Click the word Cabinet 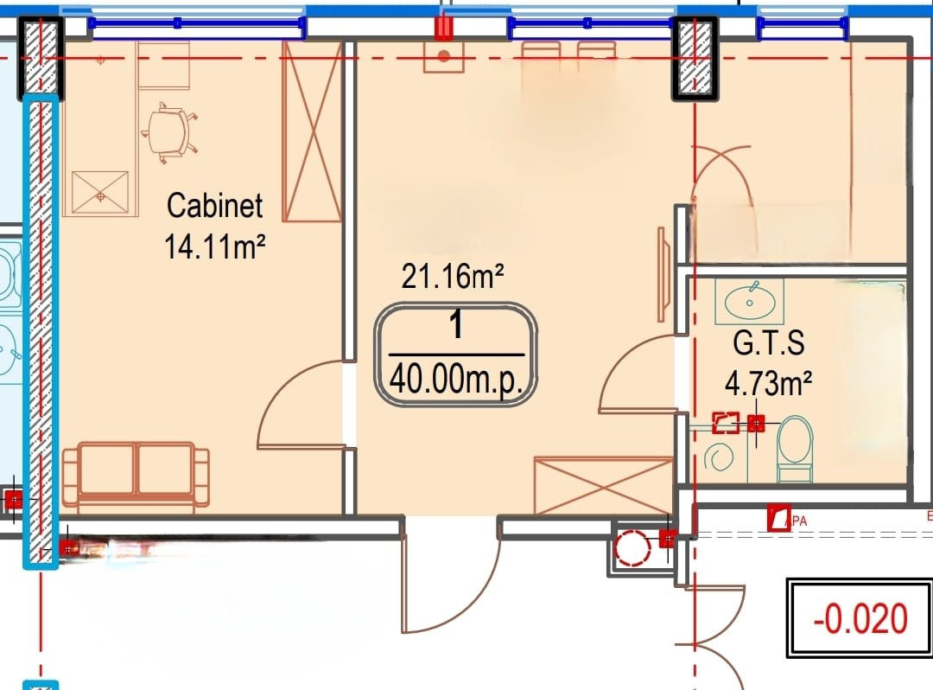pyautogui.click(x=214, y=206)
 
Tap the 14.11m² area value pyautogui.click(x=214, y=246)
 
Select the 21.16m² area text pyautogui.click(x=453, y=276)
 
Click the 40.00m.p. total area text pyautogui.click(x=456, y=380)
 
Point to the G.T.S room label pyautogui.click(x=769, y=343)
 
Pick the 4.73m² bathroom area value pyautogui.click(x=768, y=383)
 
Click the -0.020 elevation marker pyautogui.click(x=860, y=618)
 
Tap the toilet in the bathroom pyautogui.click(x=795, y=448)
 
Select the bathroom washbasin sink pyautogui.click(x=750, y=302)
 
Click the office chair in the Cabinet pyautogui.click(x=169, y=132)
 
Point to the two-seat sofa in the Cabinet pyautogui.click(x=136, y=477)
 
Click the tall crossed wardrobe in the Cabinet pyautogui.click(x=312, y=131)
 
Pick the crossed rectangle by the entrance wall pyautogui.click(x=603, y=486)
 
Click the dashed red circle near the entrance pyautogui.click(x=632, y=547)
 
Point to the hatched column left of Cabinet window pyautogui.click(x=41, y=58)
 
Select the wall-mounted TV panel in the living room pyautogui.click(x=663, y=274)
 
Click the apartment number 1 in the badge pyautogui.click(x=456, y=325)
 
